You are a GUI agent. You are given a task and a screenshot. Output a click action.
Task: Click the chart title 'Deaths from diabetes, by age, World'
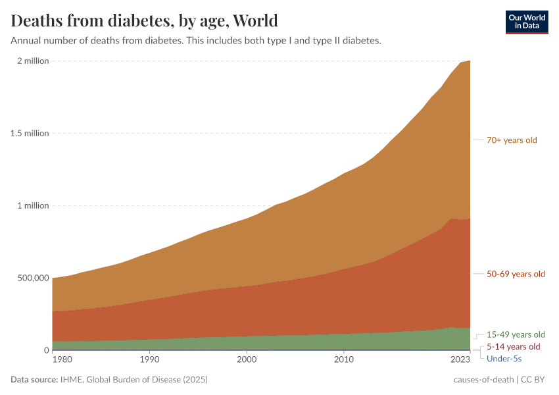144,20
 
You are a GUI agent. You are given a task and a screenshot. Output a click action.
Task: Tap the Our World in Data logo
526,21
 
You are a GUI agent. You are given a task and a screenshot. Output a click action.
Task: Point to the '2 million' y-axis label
32,61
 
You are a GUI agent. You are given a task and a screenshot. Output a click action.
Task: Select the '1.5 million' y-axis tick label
28,133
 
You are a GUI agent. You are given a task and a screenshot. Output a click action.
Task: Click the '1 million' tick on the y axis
32,205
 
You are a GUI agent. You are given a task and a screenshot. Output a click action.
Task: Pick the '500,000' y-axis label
31,278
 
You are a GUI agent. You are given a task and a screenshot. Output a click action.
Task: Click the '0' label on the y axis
46,350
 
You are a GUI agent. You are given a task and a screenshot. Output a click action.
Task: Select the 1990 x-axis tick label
149,360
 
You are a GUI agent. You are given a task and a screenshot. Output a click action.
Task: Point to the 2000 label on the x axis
246,360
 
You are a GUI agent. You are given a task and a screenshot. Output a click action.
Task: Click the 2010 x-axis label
343,360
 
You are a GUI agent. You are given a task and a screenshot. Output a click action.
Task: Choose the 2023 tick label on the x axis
460,360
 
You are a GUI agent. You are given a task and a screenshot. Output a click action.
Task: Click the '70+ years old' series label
512,140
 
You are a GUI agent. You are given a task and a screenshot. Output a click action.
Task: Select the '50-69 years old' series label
516,274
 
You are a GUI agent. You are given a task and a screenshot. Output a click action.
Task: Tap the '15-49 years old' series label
516,334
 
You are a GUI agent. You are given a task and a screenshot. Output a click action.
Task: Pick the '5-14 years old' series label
513,346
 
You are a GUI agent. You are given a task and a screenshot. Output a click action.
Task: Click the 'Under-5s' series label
504,358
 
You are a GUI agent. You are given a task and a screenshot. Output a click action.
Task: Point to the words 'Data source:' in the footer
34,380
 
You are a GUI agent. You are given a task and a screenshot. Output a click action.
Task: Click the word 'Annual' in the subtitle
26,40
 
